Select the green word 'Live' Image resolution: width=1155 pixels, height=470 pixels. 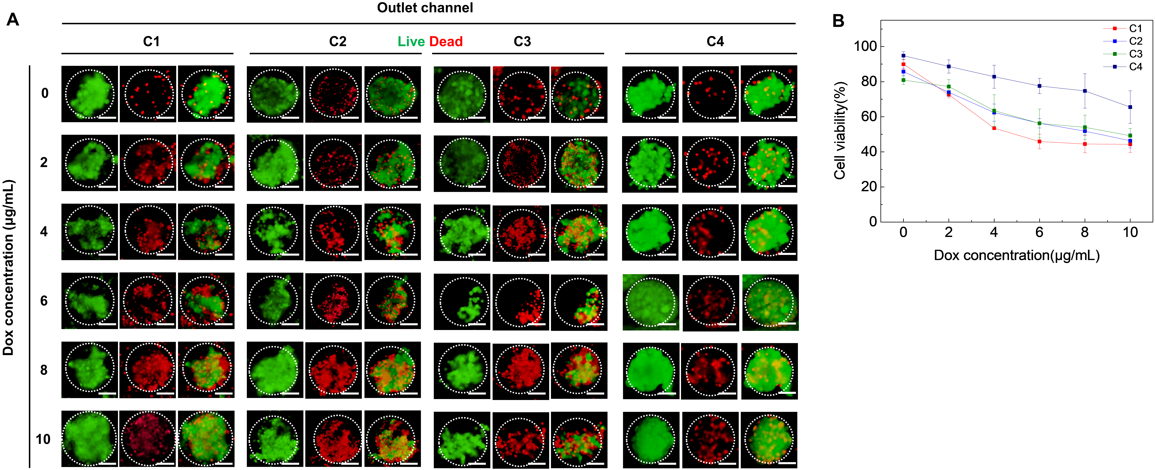411,42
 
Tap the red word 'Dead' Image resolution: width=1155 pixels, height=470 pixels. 446,42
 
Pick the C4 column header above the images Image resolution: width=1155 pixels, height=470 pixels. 715,42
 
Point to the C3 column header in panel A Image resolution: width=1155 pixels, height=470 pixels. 522,42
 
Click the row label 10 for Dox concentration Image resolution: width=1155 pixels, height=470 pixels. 44,439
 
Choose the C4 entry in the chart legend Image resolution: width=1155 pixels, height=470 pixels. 1135,67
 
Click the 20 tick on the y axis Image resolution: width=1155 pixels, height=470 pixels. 869,187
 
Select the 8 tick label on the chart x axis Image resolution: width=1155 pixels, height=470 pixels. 1085,233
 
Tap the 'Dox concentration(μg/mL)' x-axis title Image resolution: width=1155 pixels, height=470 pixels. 1016,255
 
